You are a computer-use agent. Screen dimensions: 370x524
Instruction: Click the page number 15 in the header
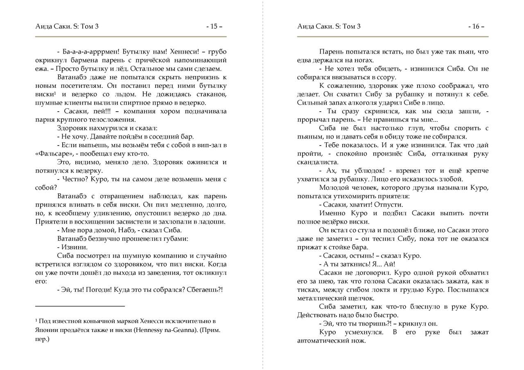214,27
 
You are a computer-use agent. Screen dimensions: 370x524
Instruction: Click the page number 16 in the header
476,27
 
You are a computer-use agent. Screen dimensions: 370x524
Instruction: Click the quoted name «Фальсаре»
52,154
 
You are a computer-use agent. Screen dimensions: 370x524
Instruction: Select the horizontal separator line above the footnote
80,306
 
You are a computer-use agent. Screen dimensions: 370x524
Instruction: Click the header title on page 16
329,27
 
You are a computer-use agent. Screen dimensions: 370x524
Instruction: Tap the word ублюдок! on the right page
364,170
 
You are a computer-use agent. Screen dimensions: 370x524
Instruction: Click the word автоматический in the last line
322,341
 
